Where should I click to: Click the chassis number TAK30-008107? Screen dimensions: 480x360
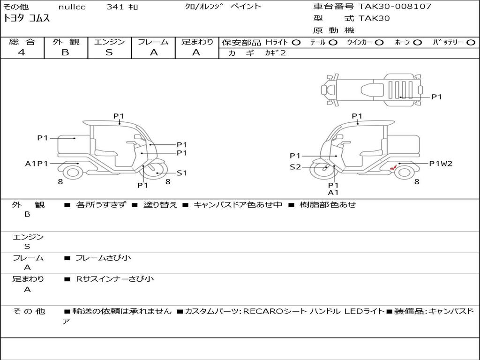tap(395, 6)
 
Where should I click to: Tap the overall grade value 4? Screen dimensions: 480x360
tap(22, 52)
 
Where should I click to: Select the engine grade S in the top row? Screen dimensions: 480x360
tap(109, 52)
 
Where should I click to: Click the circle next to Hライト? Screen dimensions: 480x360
tap(296, 43)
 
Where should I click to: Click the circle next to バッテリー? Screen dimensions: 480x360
tap(471, 43)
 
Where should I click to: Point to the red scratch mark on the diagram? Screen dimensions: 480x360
tap(393, 167)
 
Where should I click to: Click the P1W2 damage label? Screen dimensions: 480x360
tap(441, 164)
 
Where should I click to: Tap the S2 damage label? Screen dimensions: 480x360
tap(295, 167)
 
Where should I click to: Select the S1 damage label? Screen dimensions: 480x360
tap(182, 173)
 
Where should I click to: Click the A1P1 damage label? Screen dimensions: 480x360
tap(37, 164)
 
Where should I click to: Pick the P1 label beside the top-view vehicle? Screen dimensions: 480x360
tap(436, 97)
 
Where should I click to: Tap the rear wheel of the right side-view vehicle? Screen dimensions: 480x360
tap(404, 172)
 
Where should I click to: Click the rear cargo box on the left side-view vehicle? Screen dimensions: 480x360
tap(74, 144)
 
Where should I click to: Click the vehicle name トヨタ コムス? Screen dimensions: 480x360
tap(26, 18)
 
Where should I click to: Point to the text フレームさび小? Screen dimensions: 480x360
tap(103, 258)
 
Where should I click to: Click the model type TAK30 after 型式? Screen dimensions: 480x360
tap(374, 18)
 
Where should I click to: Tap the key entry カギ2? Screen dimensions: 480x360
tap(276, 52)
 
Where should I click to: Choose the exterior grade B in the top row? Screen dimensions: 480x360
tap(65, 52)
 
